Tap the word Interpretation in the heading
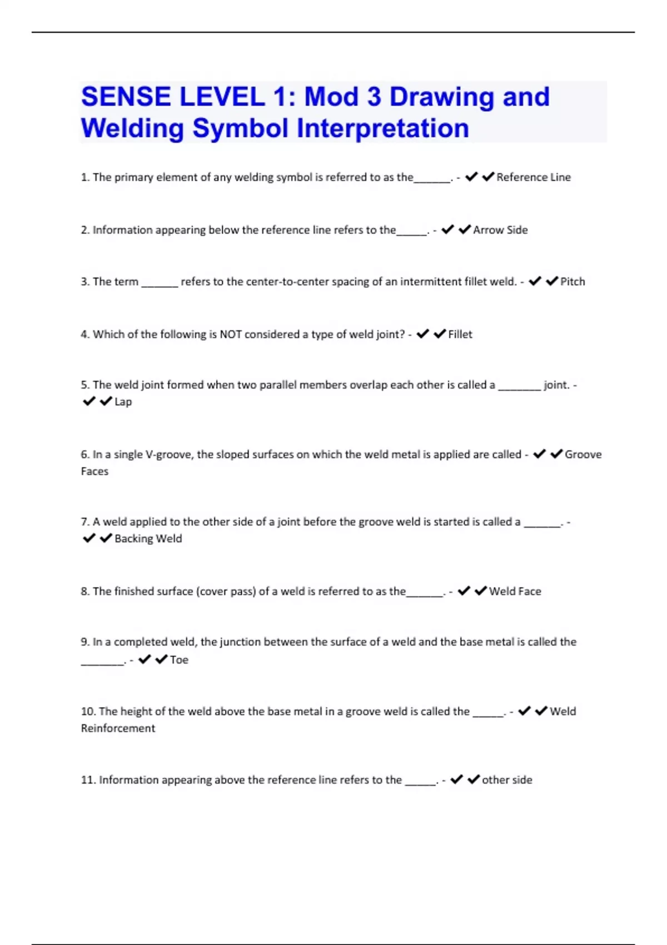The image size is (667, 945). [383, 128]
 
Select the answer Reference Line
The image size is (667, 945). [533, 177]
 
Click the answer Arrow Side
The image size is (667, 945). [500, 230]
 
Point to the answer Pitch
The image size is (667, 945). [573, 282]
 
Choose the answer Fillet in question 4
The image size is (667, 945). [460, 335]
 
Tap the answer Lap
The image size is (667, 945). [123, 402]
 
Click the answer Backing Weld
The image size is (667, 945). [148, 539]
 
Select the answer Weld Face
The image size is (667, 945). [515, 591]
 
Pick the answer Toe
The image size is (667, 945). [179, 660]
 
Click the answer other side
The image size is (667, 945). [507, 780]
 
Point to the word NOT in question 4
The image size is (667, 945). [231, 335]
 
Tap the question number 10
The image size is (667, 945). [88, 712]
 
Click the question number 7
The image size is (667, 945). [85, 522]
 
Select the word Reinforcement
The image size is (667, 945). [118, 728]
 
